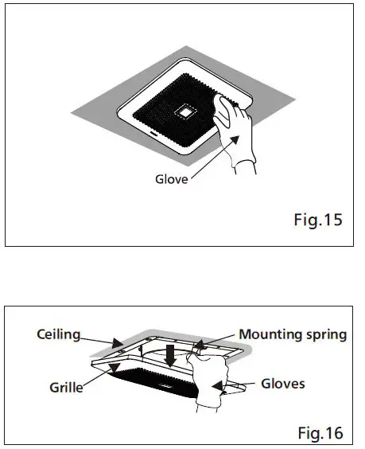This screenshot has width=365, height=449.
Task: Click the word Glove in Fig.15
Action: point(171,179)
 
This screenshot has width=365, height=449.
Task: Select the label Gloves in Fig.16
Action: point(284,383)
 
